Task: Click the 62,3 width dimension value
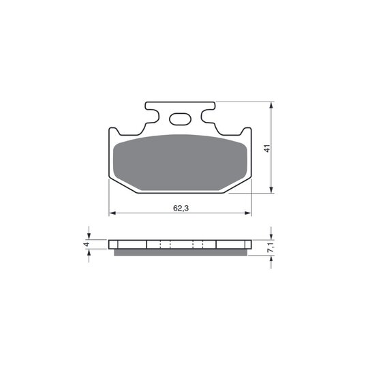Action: [x=181, y=208]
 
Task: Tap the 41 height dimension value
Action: [x=267, y=149]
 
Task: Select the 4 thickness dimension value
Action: [x=87, y=245]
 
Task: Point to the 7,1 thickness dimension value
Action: [x=271, y=247]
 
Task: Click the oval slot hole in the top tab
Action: [x=180, y=119]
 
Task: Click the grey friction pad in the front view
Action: [x=180, y=162]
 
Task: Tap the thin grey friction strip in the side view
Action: [x=181, y=252]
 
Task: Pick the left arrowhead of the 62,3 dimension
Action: [x=112, y=213]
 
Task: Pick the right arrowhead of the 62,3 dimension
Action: [x=248, y=213]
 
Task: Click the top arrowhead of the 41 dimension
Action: [x=271, y=105]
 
